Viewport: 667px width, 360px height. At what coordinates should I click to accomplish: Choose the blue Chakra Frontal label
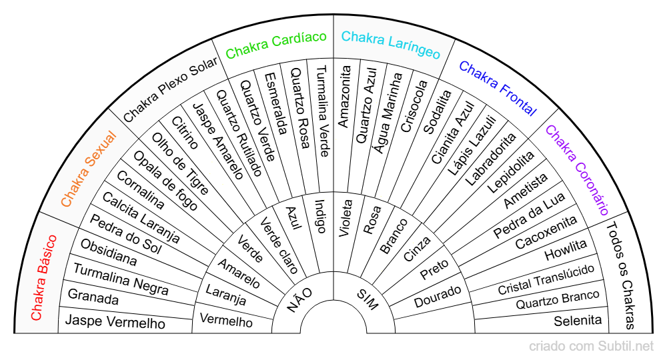[498, 88]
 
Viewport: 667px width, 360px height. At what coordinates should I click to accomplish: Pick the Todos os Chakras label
[620, 275]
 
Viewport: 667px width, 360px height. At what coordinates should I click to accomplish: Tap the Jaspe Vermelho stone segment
[115, 323]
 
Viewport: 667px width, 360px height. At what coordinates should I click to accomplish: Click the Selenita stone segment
[578, 321]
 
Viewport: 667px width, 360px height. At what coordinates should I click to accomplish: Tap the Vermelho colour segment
[226, 319]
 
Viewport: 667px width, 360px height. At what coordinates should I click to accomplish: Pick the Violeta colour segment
[346, 218]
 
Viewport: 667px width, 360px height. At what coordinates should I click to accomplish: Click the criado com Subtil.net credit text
[591, 346]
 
